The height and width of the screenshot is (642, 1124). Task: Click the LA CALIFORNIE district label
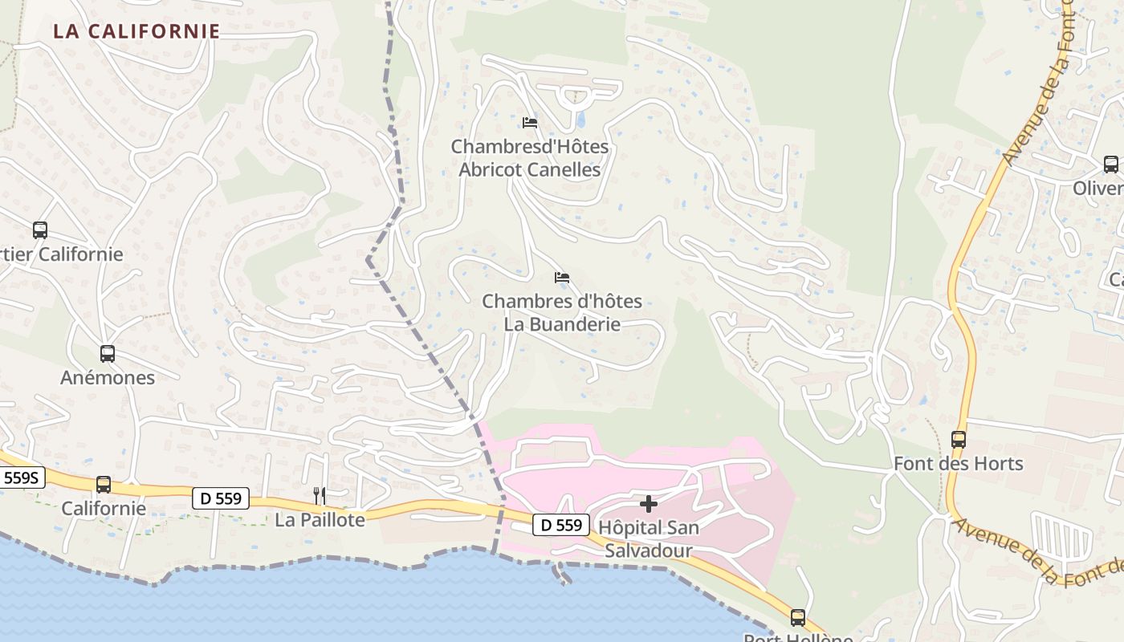(x=136, y=31)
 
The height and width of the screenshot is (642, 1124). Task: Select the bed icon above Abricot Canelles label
(x=530, y=123)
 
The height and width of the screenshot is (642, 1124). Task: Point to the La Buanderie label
(x=562, y=313)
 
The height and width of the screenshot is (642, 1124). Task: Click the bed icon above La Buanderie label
(x=562, y=278)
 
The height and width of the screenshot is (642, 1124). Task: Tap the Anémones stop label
(x=108, y=377)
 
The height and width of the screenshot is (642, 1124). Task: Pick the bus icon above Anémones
(x=108, y=353)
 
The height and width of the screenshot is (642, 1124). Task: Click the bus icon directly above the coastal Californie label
(x=104, y=485)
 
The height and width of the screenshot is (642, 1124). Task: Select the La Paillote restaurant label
(x=320, y=520)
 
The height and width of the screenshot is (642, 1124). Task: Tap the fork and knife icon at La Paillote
(x=320, y=495)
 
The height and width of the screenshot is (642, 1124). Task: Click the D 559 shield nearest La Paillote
(x=221, y=498)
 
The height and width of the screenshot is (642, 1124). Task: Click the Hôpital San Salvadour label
(x=649, y=539)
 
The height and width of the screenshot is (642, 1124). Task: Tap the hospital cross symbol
(x=649, y=504)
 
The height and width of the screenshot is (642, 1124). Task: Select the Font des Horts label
(x=959, y=464)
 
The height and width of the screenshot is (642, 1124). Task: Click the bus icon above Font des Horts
(x=959, y=440)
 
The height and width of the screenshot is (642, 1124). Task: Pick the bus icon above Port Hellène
(x=797, y=617)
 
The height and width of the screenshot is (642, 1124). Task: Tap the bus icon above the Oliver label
(x=1111, y=165)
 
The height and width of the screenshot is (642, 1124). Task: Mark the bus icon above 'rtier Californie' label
(x=40, y=230)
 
